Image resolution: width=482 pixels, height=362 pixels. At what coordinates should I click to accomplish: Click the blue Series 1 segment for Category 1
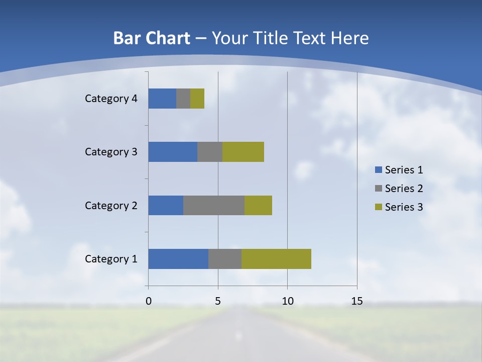pyautogui.click(x=178, y=259)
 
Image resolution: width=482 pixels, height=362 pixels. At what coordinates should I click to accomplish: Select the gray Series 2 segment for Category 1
pyautogui.click(x=225, y=259)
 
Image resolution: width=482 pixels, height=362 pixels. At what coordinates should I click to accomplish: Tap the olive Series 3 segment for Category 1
pyautogui.click(x=276, y=259)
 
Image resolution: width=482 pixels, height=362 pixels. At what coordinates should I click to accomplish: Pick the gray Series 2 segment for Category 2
pyautogui.click(x=214, y=205)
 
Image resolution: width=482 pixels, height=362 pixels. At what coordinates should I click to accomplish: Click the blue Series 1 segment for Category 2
pyautogui.click(x=166, y=205)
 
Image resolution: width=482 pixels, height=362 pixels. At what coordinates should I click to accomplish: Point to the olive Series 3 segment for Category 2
pyautogui.click(x=258, y=205)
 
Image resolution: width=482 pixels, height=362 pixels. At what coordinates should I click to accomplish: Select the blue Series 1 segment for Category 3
pyautogui.click(x=173, y=152)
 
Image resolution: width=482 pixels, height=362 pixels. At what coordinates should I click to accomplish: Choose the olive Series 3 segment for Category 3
pyautogui.click(x=243, y=152)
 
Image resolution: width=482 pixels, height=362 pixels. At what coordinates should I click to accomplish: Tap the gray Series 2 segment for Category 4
pyautogui.click(x=183, y=99)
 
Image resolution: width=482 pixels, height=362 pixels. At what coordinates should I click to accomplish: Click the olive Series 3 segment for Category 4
pyautogui.click(x=197, y=99)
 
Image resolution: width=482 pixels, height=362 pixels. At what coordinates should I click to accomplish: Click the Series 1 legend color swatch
pyautogui.click(x=378, y=170)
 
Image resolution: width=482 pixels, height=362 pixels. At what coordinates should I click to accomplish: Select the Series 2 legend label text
pyautogui.click(x=404, y=189)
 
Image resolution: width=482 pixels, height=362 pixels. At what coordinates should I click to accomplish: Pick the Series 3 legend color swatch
pyautogui.click(x=378, y=207)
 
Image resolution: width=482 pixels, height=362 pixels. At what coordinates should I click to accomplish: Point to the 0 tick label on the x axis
pyautogui.click(x=149, y=301)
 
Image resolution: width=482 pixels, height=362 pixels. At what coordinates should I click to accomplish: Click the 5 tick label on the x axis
pyautogui.click(x=218, y=301)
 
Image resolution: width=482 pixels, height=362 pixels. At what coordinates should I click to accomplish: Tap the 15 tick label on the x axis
pyautogui.click(x=356, y=301)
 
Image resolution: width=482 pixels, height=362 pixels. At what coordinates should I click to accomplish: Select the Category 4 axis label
pyautogui.click(x=111, y=99)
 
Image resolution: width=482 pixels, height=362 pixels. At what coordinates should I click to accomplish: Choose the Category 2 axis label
pyautogui.click(x=111, y=205)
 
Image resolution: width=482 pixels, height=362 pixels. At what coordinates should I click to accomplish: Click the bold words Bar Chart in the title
pyautogui.click(x=152, y=38)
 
